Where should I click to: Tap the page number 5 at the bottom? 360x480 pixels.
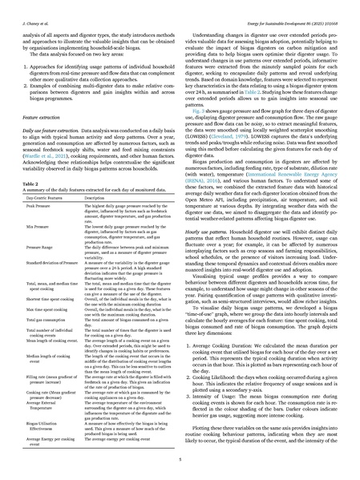180,471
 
